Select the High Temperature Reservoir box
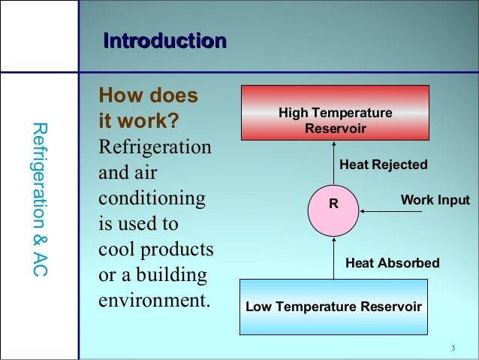pos(335,113)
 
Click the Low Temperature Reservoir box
pos(333,307)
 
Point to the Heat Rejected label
pos(384,165)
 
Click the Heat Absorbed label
pos(392,263)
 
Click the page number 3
pos(453,348)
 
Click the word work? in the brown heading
pos(148,120)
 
